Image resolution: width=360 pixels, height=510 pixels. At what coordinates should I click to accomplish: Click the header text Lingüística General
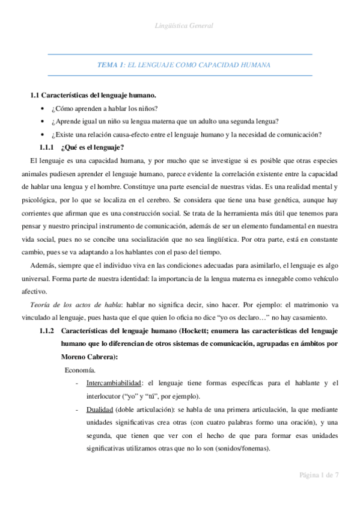(x=180, y=26)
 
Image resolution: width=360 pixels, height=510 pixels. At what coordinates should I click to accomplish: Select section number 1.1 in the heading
(x=35, y=95)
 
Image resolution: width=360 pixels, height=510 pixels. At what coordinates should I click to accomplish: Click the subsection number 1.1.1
(x=46, y=147)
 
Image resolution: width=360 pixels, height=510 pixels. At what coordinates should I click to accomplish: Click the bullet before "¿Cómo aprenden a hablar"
(x=41, y=108)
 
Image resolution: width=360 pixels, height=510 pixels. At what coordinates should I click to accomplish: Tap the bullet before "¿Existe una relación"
(x=41, y=134)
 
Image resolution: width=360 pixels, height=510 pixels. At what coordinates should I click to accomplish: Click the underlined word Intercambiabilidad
(x=114, y=382)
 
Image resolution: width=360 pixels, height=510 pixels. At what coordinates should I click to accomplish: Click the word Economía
(x=79, y=370)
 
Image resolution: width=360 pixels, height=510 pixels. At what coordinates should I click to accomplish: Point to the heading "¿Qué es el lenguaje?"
(x=93, y=147)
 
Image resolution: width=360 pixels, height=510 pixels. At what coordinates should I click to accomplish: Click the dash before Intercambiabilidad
(x=76, y=383)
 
